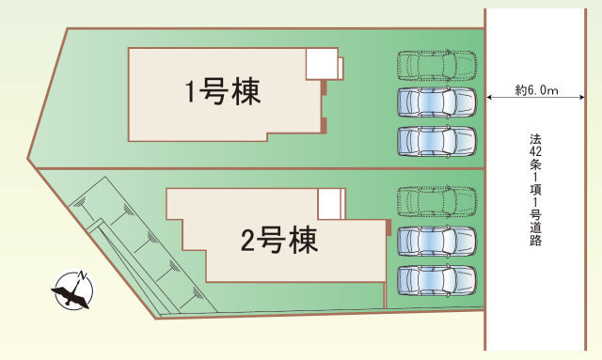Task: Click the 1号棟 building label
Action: pos(222,92)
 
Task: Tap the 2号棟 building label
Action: pos(278,241)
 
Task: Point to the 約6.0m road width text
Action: pos(537,90)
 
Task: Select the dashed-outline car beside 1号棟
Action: pos(437,65)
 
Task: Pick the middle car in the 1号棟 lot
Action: pos(437,102)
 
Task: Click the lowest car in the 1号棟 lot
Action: pos(437,140)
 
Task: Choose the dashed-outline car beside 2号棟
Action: pos(437,200)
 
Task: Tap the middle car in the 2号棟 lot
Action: pos(437,241)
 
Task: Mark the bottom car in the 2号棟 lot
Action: pos(437,280)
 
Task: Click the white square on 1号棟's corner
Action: pos(322,64)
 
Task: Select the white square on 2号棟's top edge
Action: pos(330,202)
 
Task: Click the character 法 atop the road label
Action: pos(536,137)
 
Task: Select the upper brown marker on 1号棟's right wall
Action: pos(324,87)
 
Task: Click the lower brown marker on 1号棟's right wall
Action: pos(324,124)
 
